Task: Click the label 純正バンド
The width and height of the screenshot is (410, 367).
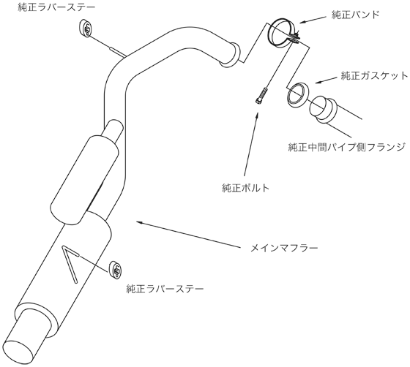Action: pos(355,15)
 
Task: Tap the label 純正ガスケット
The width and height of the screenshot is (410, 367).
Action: pos(374,76)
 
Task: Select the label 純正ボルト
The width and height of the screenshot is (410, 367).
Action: pos(245,188)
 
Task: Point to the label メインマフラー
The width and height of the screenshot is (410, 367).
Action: pos(284,248)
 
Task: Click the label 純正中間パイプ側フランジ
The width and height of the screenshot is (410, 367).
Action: pos(347,147)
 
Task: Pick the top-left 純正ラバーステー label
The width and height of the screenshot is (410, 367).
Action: pos(57,7)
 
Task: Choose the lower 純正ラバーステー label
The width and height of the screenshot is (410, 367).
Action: pos(165,289)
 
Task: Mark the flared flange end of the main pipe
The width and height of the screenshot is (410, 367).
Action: pos(231,54)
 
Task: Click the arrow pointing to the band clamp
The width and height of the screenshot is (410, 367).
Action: pos(313,20)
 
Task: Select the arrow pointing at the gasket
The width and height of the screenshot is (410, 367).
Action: pos(326,80)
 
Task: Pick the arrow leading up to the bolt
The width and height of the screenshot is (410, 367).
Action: pos(251,144)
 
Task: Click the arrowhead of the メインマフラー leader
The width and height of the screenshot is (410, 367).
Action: pos(139,222)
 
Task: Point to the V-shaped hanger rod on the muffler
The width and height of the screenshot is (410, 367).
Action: pos(70,264)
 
